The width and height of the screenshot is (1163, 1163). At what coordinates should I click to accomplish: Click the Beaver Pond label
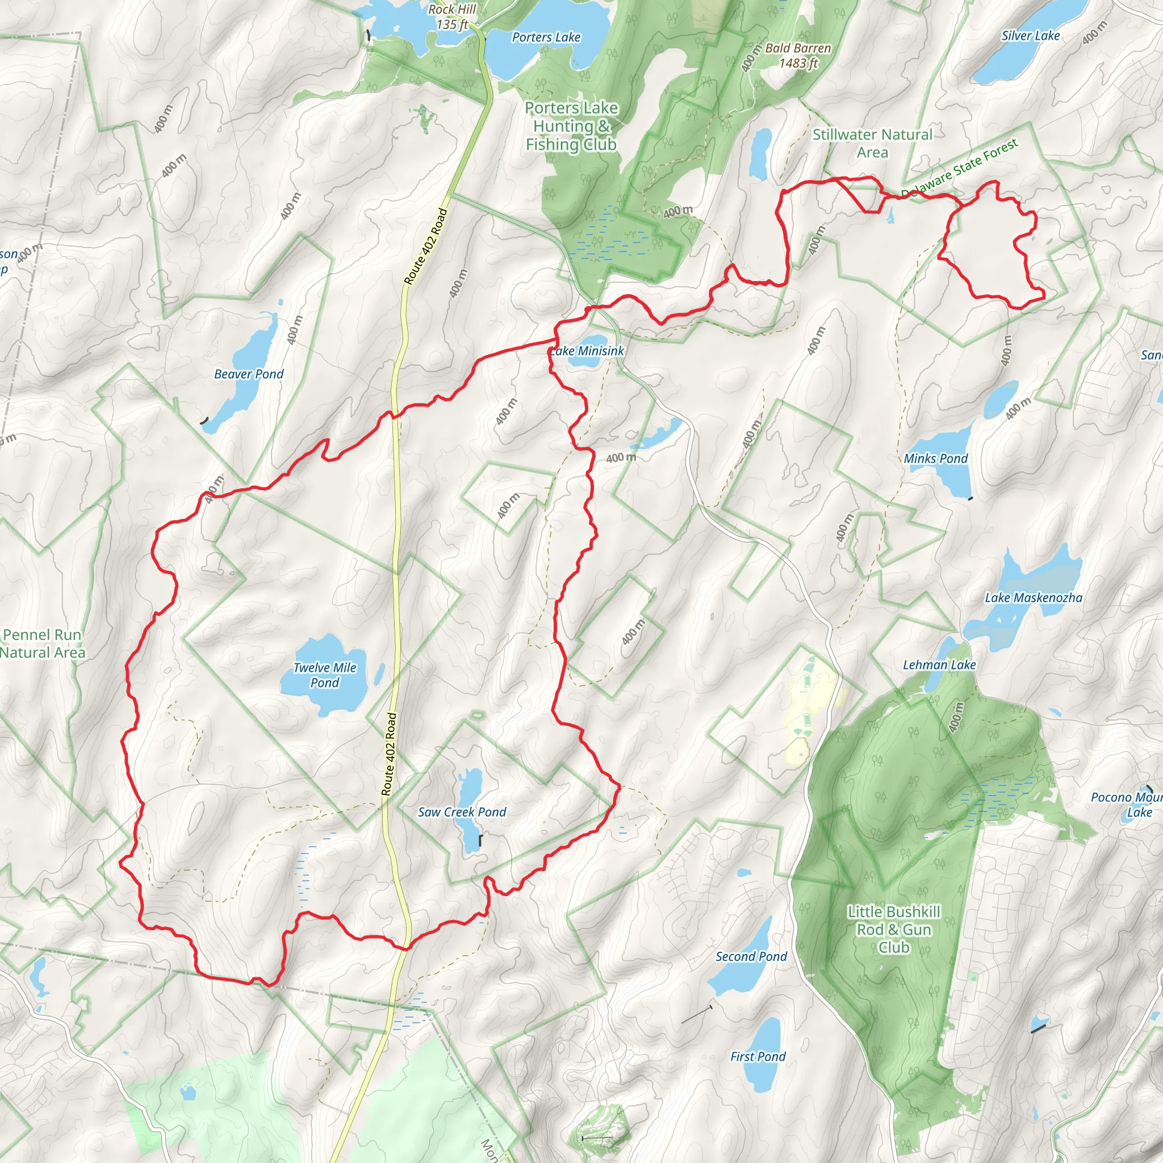[x=249, y=374]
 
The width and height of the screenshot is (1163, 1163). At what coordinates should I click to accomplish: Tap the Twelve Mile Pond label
[x=324, y=675]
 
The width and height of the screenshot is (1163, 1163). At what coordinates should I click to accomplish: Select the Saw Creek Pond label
[x=462, y=812]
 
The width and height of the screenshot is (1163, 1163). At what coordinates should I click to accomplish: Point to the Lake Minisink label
[x=587, y=351]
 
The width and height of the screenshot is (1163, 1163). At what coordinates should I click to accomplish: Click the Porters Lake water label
[x=546, y=37]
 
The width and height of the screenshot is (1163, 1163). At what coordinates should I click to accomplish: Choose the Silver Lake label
[x=1031, y=36]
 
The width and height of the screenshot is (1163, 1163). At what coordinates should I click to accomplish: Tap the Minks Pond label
[x=935, y=459]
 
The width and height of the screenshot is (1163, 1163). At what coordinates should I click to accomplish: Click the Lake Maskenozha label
[x=1034, y=598]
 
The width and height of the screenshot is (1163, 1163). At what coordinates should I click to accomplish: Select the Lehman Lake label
[x=939, y=664]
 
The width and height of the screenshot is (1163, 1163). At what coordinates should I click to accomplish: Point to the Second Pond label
[x=751, y=956]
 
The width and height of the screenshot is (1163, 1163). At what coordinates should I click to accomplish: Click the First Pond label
[x=758, y=1056]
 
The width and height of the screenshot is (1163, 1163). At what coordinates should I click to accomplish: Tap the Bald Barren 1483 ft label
[x=798, y=56]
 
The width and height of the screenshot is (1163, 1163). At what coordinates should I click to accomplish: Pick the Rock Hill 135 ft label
[x=452, y=17]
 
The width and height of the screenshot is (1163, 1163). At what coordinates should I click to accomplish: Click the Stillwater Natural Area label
[x=872, y=143]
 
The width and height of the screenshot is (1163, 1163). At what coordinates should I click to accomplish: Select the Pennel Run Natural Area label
[x=42, y=643]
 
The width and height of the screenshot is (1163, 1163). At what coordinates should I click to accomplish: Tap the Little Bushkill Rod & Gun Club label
[x=894, y=930]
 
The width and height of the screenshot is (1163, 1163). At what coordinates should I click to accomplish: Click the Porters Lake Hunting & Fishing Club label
[x=571, y=127]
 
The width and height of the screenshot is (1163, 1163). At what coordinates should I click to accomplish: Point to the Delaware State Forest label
[x=960, y=168]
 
